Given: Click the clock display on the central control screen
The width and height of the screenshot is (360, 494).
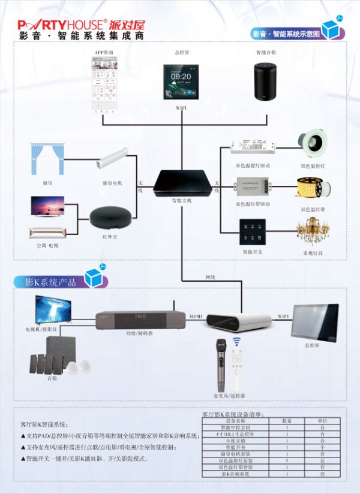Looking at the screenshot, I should [181, 77].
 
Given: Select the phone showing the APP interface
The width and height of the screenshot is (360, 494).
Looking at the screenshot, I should [103, 85].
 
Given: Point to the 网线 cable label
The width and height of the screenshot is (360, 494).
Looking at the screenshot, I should [210, 277].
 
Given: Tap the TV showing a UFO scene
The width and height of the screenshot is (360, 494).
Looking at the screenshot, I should [52, 311].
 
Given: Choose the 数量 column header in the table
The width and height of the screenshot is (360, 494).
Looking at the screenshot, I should [287, 421].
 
